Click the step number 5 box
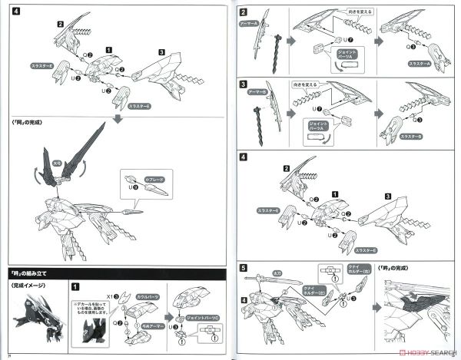[x=244, y=269]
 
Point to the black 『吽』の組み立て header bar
[x=115, y=271]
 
